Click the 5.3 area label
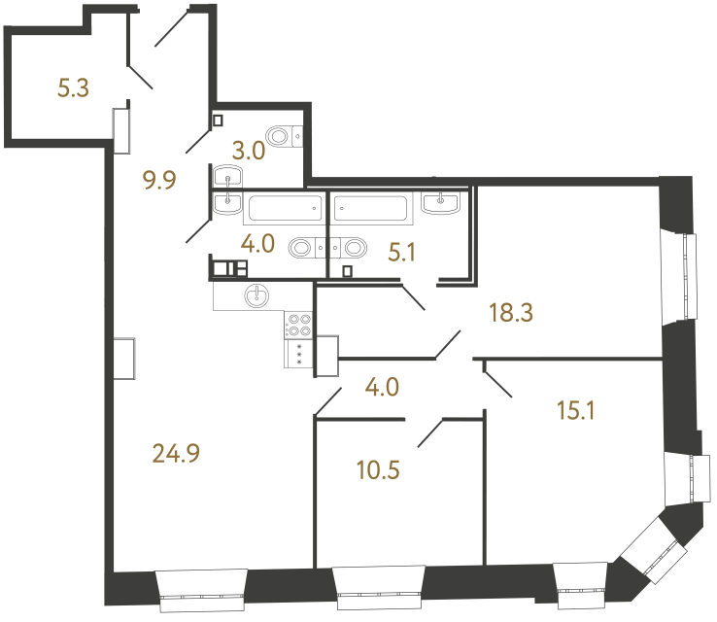(73, 87)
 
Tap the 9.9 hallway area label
(159, 180)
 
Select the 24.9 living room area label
(176, 454)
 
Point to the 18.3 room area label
(511, 313)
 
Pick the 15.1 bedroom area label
(576, 410)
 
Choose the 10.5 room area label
(378, 470)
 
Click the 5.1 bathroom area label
(401, 252)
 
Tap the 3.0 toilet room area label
(249, 151)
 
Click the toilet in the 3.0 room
(285, 136)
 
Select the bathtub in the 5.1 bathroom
(370, 209)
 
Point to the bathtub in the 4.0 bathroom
(285, 209)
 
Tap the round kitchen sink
(257, 295)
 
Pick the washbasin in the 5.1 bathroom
(440, 202)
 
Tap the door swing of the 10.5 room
(430, 432)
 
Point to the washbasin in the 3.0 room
(227, 176)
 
